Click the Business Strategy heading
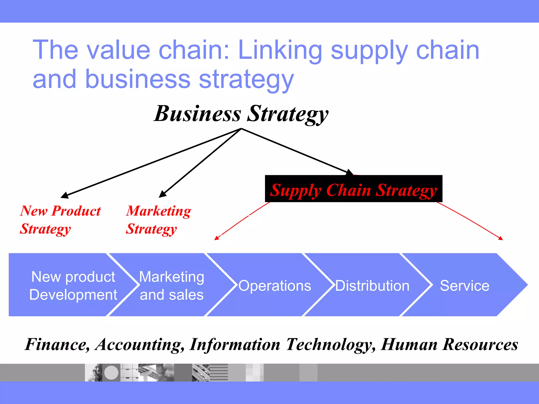[x=241, y=114]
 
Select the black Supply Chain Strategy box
[x=353, y=189]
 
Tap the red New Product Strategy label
[x=60, y=220]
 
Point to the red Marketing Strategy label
[x=158, y=220]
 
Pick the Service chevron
[x=465, y=285]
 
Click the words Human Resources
[x=450, y=344]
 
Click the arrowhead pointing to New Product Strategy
[x=64, y=195]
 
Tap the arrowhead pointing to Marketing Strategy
[x=162, y=194]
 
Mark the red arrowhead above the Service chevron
[x=501, y=238]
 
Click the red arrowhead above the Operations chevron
[x=216, y=238]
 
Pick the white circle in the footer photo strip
[x=111, y=372]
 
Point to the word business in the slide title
[x=138, y=79]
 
